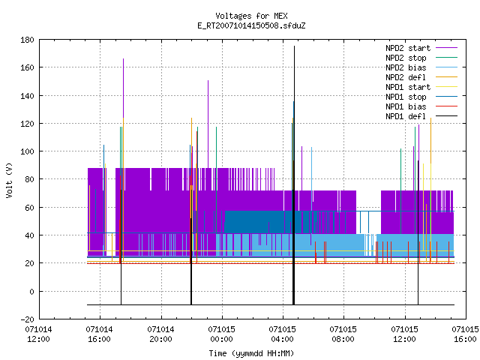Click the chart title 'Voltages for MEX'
click(251, 16)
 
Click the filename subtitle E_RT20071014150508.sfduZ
click(251, 25)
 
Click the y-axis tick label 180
click(27, 40)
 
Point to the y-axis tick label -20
click(27, 319)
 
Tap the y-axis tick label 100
click(27, 151)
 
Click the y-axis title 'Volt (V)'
click(9, 180)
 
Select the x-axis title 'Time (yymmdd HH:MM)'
click(251, 353)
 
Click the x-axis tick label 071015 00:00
click(222, 334)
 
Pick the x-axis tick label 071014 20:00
click(160, 334)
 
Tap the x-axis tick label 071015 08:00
click(343, 334)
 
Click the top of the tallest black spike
click(294, 46)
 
